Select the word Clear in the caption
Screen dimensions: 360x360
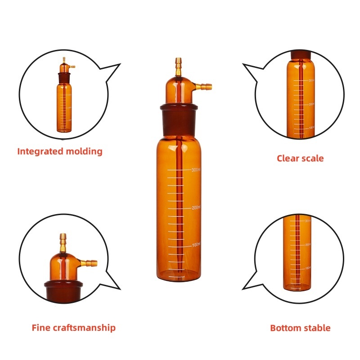point(288,158)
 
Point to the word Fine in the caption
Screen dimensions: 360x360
point(40,328)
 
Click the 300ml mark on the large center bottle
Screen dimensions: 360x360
point(195,170)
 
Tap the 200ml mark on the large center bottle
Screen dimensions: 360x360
point(195,207)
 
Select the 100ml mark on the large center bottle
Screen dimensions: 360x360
point(195,245)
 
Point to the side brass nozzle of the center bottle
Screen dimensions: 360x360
point(205,84)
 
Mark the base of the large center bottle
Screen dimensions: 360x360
point(179,274)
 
